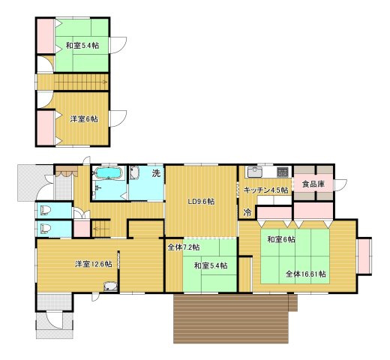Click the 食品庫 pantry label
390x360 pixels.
click(313, 184)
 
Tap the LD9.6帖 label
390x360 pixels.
click(201, 202)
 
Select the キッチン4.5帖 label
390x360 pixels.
click(265, 190)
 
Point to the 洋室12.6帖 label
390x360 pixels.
click(94, 264)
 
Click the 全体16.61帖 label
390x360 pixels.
click(305, 274)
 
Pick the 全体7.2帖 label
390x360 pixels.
click(184, 247)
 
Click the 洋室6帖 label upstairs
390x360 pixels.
click(84, 119)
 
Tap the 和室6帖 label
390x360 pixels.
click(281, 239)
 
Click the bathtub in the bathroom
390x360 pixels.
click(109, 172)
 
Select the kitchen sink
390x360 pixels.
click(255, 172)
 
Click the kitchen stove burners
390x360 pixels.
click(283, 172)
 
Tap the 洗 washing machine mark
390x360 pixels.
click(156, 173)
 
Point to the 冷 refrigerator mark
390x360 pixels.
click(247, 213)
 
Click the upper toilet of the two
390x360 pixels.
click(46, 210)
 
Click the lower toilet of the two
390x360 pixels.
click(46, 229)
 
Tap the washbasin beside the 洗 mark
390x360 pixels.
click(134, 172)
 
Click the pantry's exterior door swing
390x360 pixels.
click(340, 185)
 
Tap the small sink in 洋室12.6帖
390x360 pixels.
click(110, 286)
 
